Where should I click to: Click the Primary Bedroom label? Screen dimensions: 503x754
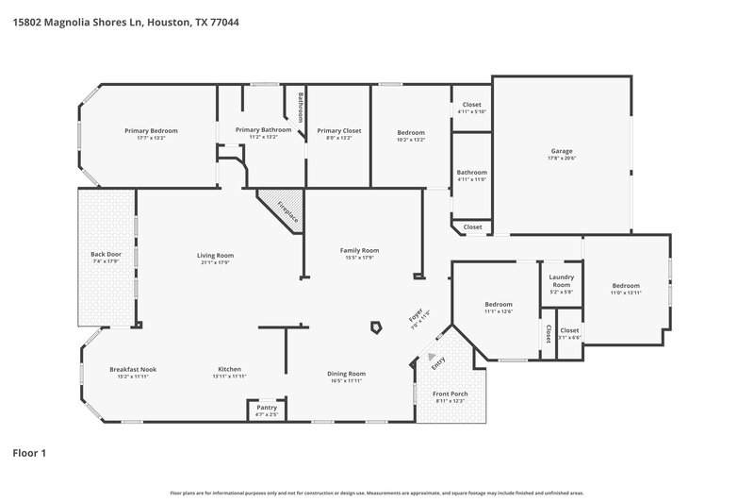tap(152, 130)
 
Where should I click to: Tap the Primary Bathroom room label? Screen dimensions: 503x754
tap(263, 129)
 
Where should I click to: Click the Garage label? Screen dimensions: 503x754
tap(562, 151)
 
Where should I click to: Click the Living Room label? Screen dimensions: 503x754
tap(215, 255)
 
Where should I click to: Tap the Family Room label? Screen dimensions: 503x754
tap(359, 250)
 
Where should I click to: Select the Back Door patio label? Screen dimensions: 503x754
tap(106, 255)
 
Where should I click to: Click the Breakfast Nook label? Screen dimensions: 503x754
tap(131, 369)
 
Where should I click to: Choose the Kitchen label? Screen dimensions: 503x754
tap(230, 369)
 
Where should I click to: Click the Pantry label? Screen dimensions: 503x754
tap(267, 407)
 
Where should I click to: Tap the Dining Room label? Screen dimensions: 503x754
tap(346, 374)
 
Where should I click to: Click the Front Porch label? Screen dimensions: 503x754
tap(450, 394)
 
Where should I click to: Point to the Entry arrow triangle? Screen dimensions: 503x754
tap(434, 357)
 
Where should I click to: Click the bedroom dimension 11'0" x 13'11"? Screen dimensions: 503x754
tap(626, 293)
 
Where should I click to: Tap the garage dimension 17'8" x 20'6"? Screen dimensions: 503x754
tap(562, 159)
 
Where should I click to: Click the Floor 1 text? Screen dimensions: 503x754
tap(29, 453)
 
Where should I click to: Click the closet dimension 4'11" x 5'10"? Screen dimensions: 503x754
tap(471, 112)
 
